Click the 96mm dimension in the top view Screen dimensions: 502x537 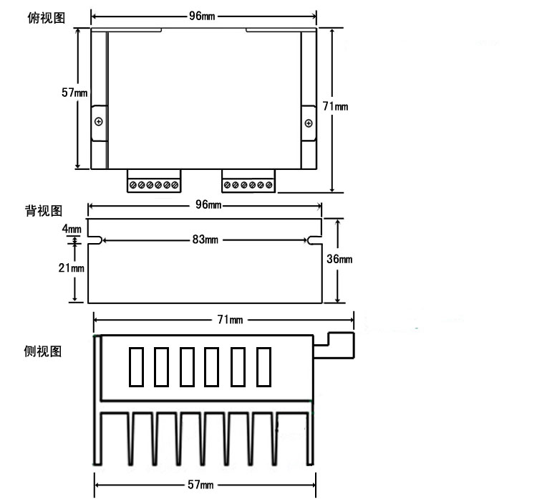[x=204, y=16]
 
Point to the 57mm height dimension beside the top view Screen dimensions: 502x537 [x=74, y=93]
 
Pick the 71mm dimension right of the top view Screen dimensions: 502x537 [x=335, y=106]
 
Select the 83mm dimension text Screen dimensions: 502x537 [x=205, y=240]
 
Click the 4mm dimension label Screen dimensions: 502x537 [x=72, y=229]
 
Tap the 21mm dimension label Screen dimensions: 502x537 [x=72, y=268]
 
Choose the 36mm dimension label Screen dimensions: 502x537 [x=339, y=259]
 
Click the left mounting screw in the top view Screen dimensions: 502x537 [x=98, y=120]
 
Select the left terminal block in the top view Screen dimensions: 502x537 [x=155, y=182]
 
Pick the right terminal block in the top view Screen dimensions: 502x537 [x=248, y=182]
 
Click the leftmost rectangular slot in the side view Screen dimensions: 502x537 [x=136, y=366]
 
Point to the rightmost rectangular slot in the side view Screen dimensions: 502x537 [x=264, y=366]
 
